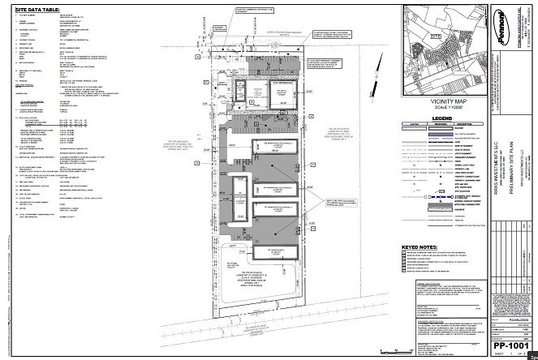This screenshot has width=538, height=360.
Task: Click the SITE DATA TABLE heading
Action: point(37,6)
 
